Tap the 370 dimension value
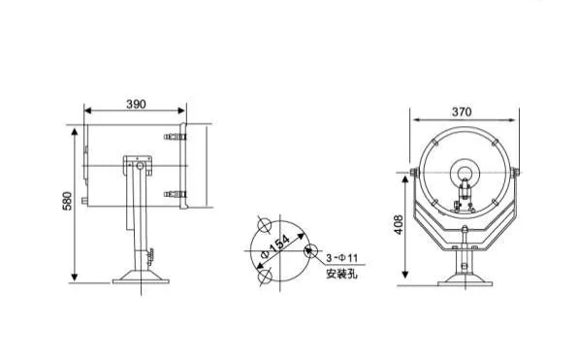click(x=462, y=113)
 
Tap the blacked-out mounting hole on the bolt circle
click(x=308, y=249)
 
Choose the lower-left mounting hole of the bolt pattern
click(x=261, y=277)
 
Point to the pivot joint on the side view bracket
click(x=135, y=166)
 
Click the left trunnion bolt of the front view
click(x=416, y=177)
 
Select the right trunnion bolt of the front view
click(x=517, y=177)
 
